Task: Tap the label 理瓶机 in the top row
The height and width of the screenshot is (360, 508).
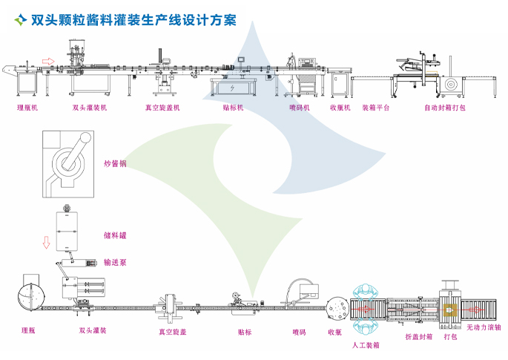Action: point(27,107)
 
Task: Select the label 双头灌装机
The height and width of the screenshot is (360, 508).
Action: point(89,107)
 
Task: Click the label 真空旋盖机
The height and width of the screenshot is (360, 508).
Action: point(162,107)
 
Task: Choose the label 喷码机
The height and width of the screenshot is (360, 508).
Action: point(299,107)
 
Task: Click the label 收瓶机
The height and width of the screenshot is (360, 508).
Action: point(340,107)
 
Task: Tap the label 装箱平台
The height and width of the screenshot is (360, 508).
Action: point(376,107)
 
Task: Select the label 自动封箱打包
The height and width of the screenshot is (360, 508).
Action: point(445,107)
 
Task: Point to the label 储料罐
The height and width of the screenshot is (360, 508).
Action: point(115,235)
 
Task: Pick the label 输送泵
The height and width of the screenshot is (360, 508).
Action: point(115,262)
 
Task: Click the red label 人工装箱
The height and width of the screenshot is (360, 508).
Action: point(366,344)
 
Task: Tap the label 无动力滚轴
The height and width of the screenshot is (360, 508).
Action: point(484,327)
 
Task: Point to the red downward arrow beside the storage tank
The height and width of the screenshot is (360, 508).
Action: point(45,243)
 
